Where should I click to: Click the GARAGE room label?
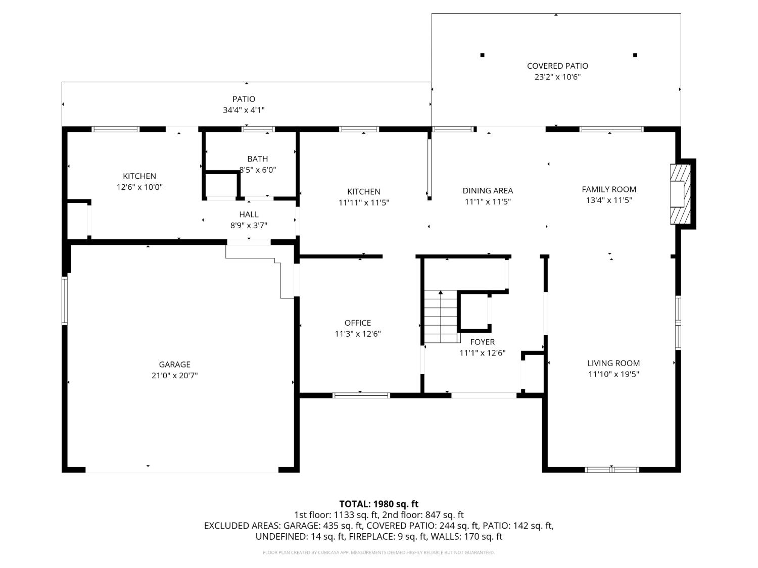click(174, 365)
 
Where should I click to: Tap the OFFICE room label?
click(358, 323)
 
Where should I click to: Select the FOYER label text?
click(482, 342)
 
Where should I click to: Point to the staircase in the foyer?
click(441, 317)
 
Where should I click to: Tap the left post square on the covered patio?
click(482, 55)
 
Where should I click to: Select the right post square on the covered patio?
click(635, 55)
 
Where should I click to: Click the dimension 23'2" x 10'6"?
click(557, 77)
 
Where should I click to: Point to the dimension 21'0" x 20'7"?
click(174, 376)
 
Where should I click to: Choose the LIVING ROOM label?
click(613, 363)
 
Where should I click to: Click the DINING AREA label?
click(488, 190)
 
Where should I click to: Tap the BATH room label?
click(258, 159)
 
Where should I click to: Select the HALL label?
click(249, 215)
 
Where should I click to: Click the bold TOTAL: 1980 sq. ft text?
click(378, 504)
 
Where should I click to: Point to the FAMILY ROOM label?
click(609, 189)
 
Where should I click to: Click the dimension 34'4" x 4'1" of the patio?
click(244, 110)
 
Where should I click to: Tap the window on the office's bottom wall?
click(361, 395)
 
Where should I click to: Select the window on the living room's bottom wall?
click(611, 470)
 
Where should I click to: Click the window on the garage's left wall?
click(65, 300)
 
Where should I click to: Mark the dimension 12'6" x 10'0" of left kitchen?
click(139, 187)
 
